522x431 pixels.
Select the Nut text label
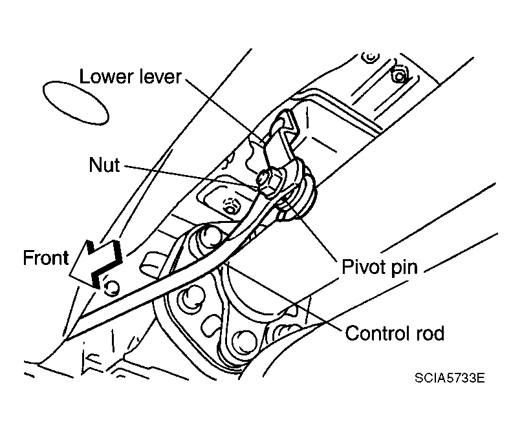pos(103,165)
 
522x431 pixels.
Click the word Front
pos(45,258)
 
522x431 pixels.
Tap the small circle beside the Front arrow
pos(111,286)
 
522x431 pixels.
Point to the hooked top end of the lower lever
pos(283,129)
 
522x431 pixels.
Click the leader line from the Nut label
pos(194,174)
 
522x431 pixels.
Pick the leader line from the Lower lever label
pos(226,107)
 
